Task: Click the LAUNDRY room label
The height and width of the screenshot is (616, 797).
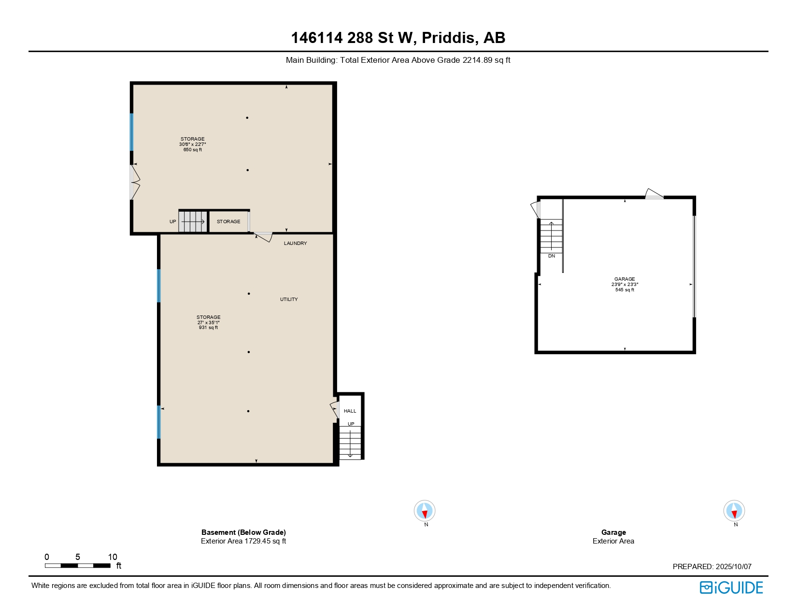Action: pyautogui.click(x=295, y=244)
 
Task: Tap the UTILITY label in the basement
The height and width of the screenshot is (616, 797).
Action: pyautogui.click(x=289, y=300)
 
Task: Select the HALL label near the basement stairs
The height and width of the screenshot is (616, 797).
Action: pyautogui.click(x=350, y=411)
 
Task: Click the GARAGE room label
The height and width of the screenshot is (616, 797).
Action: pyautogui.click(x=625, y=279)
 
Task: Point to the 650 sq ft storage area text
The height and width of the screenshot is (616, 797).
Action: pyautogui.click(x=192, y=150)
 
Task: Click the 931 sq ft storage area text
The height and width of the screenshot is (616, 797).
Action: pyautogui.click(x=208, y=328)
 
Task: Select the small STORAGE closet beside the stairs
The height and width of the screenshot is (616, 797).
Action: pyautogui.click(x=228, y=222)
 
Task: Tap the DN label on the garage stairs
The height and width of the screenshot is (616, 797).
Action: pyautogui.click(x=552, y=256)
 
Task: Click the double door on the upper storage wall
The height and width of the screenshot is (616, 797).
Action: pyautogui.click(x=134, y=182)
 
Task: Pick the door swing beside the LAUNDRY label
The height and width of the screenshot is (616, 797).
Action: pyautogui.click(x=264, y=237)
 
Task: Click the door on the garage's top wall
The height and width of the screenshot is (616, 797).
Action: pyautogui.click(x=654, y=195)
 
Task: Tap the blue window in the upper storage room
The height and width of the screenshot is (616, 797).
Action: pyautogui.click(x=131, y=132)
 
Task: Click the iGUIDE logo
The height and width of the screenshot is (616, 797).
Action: pyautogui.click(x=731, y=587)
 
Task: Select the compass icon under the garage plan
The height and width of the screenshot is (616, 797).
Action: pyautogui.click(x=734, y=511)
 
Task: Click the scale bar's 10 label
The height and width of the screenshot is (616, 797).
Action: pyautogui.click(x=113, y=557)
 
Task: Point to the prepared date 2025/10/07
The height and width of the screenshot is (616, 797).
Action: pyautogui.click(x=733, y=567)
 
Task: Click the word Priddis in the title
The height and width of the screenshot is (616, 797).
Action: pyautogui.click(x=448, y=38)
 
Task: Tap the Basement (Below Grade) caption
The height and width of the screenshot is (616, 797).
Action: pyautogui.click(x=243, y=532)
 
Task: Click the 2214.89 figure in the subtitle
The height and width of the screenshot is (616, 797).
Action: pyautogui.click(x=477, y=60)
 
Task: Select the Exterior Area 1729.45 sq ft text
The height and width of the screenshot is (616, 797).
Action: pyautogui.click(x=243, y=541)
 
